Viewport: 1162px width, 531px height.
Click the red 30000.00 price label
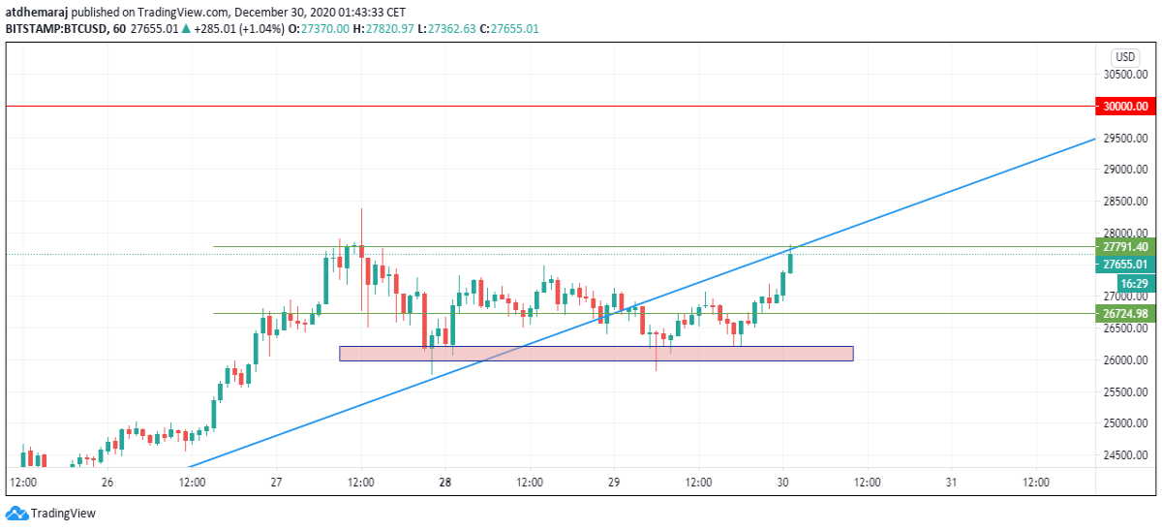1125,107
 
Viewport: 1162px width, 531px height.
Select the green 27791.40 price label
1125,247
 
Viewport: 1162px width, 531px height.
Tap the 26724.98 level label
1125,314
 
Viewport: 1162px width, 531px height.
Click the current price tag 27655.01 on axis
1125,265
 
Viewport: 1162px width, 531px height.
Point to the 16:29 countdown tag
1136,283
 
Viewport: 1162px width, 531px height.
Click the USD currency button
1125,56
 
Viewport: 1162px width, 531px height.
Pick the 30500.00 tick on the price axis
1125,75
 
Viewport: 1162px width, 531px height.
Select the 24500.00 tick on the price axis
1125,455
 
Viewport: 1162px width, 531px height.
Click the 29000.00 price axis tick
1125,170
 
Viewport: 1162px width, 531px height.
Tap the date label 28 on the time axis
445,483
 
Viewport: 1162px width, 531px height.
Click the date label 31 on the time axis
951,483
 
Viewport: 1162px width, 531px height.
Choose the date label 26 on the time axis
107,483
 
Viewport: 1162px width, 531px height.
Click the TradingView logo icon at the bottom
16,514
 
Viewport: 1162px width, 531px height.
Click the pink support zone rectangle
596,354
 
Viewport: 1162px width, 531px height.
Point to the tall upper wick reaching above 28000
361,227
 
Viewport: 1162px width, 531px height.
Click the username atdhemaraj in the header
37,12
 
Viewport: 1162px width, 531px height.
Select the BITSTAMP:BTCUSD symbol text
56,28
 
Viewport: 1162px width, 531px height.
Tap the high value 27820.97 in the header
389,28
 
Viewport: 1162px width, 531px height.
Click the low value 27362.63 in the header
451,28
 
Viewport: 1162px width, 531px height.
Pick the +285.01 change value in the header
214,28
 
